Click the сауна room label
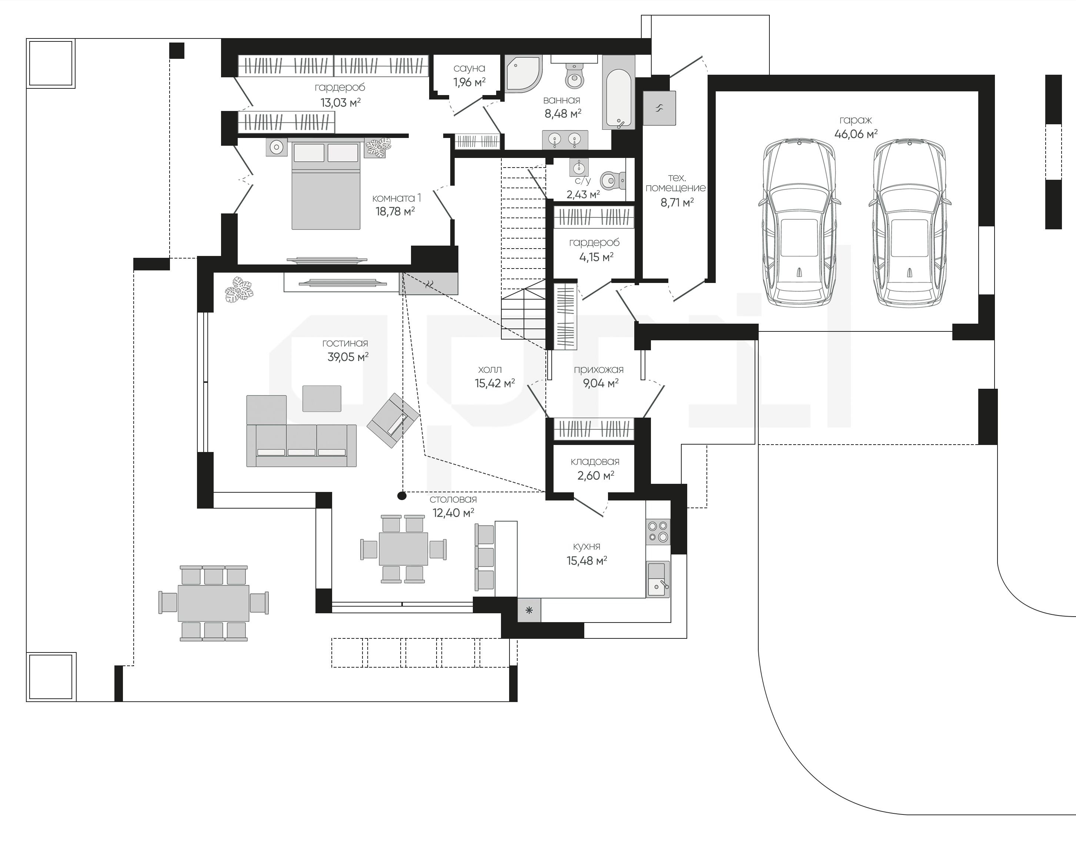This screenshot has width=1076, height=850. point(469,68)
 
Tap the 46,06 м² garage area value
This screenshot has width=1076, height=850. point(856,134)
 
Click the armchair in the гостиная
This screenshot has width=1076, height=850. point(393,420)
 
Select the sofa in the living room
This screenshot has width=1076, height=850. point(301,431)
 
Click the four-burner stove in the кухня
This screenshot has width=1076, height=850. point(658,532)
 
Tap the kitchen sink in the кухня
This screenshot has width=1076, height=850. point(658,579)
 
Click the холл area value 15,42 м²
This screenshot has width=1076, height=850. point(495,383)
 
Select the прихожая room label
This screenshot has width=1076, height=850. point(598,369)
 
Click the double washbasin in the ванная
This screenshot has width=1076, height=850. point(565,139)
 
